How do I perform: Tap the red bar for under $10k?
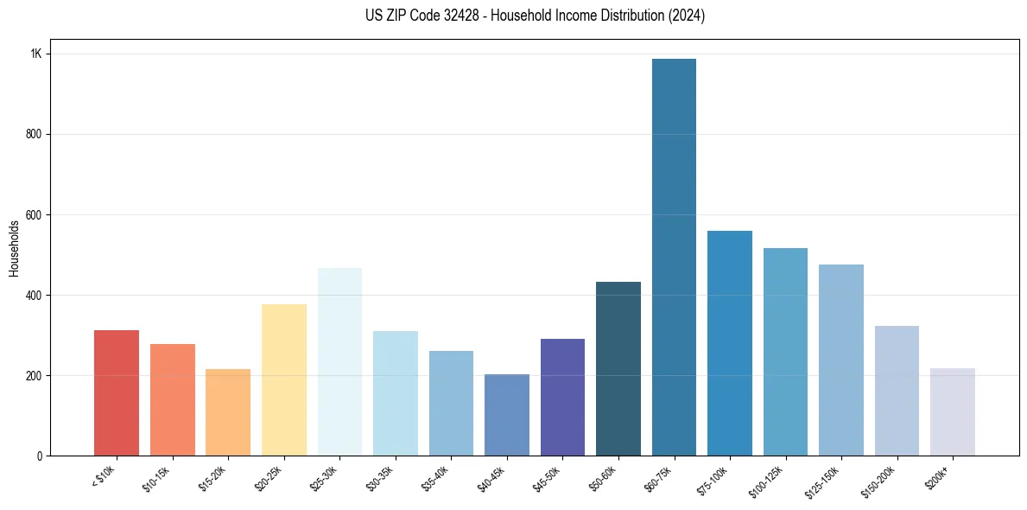click(x=117, y=393)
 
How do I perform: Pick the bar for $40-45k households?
click(x=507, y=415)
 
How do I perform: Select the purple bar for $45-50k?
click(x=562, y=398)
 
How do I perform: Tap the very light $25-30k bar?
click(x=339, y=362)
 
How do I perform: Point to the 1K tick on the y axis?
click(x=36, y=54)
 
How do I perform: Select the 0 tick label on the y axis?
click(x=39, y=456)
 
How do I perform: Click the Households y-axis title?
click(x=14, y=248)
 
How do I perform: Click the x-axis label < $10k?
click(x=105, y=475)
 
